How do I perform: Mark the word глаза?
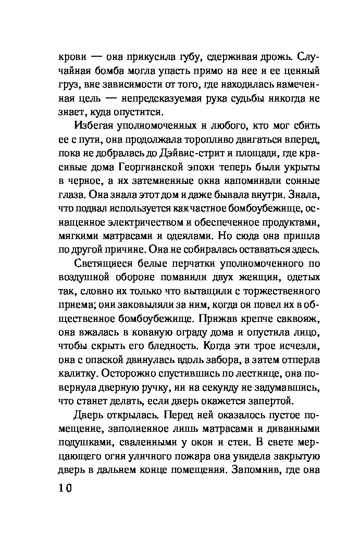(x=70, y=196)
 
